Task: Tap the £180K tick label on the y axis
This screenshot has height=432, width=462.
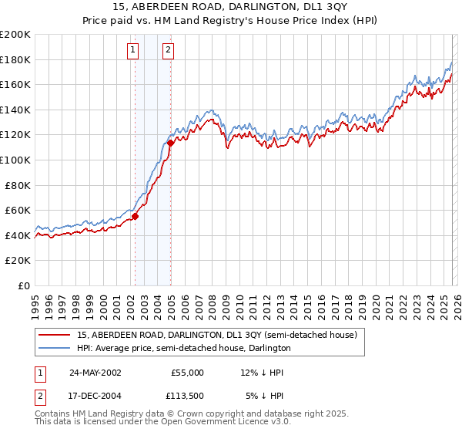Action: point(15,59)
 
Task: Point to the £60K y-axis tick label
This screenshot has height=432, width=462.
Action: point(18,210)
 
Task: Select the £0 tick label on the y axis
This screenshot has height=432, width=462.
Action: point(24,285)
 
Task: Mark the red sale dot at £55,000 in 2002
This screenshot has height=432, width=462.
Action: point(135,217)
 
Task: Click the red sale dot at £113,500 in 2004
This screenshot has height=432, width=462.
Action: point(170,143)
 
